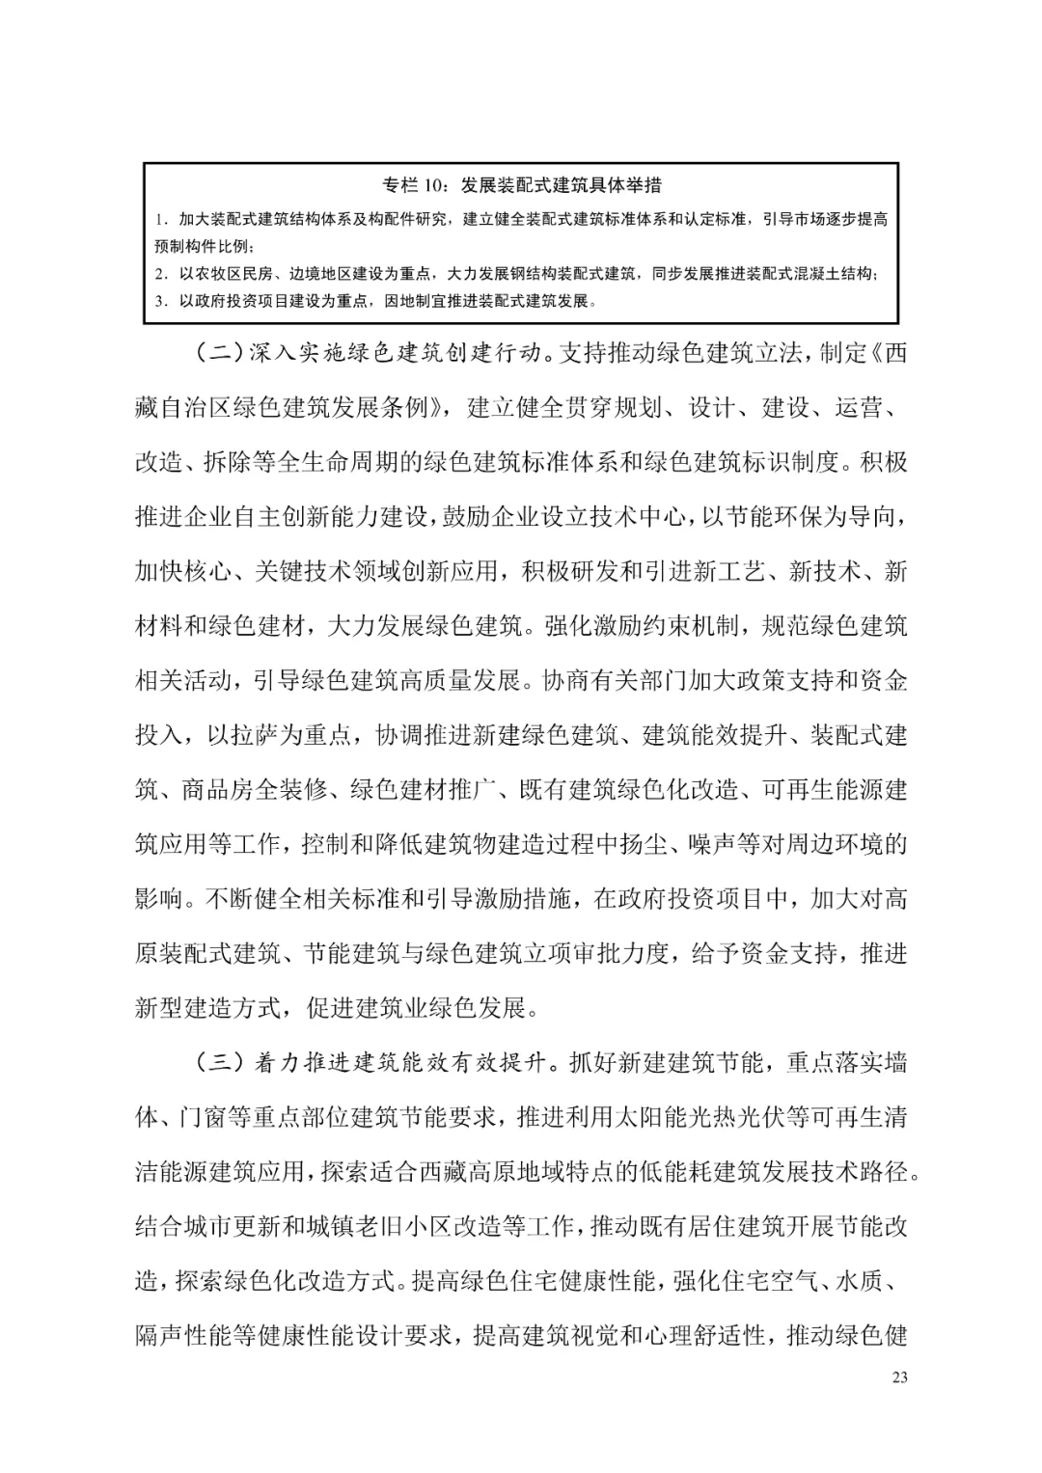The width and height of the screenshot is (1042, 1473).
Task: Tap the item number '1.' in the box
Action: click(x=162, y=220)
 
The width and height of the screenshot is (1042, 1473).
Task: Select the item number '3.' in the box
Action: click(x=162, y=301)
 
